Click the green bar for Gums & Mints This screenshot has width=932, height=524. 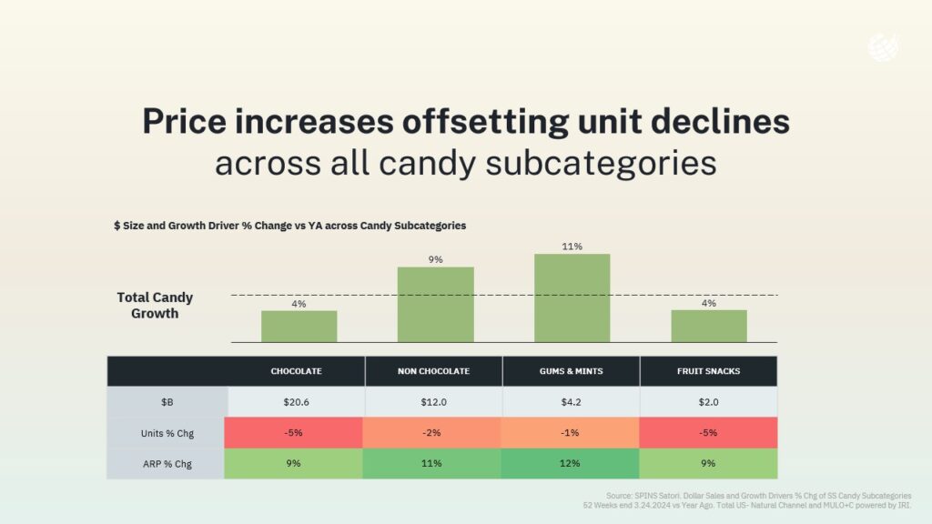(x=572, y=297)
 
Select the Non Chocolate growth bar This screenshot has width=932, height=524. (x=435, y=304)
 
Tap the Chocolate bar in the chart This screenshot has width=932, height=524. (x=299, y=326)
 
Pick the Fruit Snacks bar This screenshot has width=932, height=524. (x=709, y=326)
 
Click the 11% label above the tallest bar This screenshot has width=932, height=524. (x=572, y=247)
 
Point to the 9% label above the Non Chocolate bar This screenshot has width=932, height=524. (x=435, y=260)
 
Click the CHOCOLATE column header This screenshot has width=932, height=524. (x=296, y=371)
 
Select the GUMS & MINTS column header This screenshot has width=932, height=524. (x=571, y=371)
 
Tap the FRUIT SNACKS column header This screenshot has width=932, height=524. (x=709, y=371)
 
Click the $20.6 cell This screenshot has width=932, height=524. (x=296, y=402)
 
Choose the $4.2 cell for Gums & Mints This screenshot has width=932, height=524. (x=571, y=402)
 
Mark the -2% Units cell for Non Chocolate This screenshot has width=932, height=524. (x=432, y=433)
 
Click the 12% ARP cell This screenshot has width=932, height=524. (x=571, y=464)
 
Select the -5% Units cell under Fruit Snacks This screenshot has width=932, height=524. (x=709, y=433)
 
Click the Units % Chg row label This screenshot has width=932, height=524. (x=167, y=433)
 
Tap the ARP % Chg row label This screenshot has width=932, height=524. (x=167, y=464)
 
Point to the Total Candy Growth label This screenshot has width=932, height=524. (x=155, y=306)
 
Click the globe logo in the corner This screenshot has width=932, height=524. (x=882, y=46)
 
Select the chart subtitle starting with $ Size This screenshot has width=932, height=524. (x=289, y=226)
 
